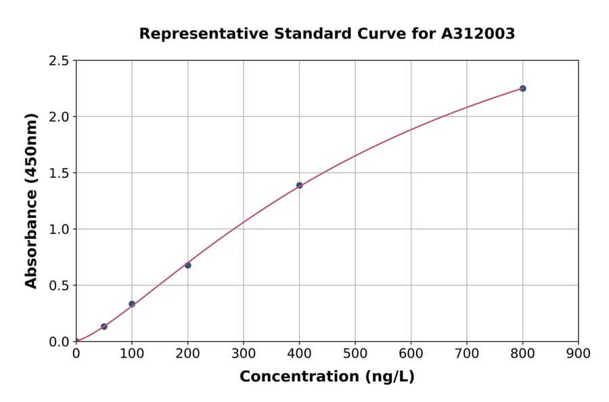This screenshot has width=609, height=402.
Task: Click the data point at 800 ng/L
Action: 522,89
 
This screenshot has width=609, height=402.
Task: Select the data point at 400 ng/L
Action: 299,185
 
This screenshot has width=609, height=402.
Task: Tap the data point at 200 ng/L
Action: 187,265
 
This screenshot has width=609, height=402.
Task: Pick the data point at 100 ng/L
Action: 132,304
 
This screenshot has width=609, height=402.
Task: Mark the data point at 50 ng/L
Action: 104,327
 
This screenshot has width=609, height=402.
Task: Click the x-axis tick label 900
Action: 578,353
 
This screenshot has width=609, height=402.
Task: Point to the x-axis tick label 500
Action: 355,353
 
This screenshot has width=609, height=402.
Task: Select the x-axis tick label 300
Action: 243,353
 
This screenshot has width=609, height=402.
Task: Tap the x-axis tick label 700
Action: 466,353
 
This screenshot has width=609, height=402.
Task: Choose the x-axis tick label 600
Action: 411,353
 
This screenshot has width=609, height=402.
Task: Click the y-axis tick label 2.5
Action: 58,61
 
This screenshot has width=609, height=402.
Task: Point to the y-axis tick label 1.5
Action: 58,173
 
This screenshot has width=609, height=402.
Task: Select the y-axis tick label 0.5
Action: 58,286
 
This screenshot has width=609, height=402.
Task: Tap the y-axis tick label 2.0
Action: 58,117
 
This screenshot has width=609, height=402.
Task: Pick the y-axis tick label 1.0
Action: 58,229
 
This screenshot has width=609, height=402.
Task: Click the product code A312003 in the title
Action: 478,34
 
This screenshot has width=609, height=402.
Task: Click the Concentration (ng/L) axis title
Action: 327,377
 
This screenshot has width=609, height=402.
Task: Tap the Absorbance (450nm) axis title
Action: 31,200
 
